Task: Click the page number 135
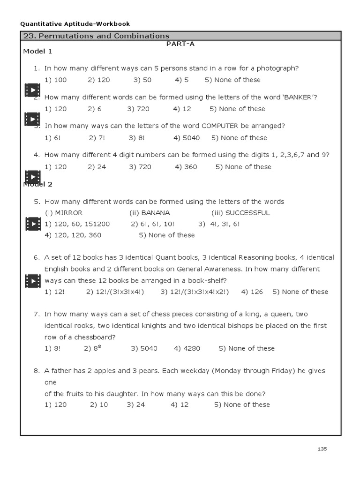click(x=322, y=449)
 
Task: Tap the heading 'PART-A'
click(x=180, y=44)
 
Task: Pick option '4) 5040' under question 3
click(x=187, y=138)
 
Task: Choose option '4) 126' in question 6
click(x=252, y=292)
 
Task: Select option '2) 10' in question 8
click(x=99, y=405)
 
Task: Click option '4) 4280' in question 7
click(x=187, y=348)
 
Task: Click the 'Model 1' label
click(x=37, y=52)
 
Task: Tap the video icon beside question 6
click(x=32, y=281)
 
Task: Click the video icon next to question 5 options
click(x=32, y=224)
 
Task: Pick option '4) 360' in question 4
click(x=186, y=167)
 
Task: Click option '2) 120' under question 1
click(x=99, y=80)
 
